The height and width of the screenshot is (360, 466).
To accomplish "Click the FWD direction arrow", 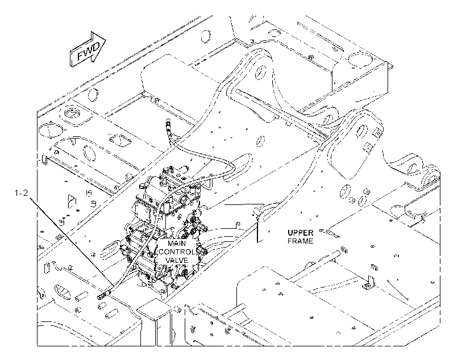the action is coord(88,49).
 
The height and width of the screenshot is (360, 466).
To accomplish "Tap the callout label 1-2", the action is coord(21,193).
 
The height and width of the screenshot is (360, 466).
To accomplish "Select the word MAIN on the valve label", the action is coord(177,243).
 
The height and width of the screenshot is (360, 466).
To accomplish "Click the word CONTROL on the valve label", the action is coord(177,252).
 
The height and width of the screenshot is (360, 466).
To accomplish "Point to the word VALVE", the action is coord(177,260).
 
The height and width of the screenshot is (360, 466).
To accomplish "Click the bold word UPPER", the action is coord(300,233).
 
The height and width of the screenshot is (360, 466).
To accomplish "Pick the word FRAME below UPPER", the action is coord(300,241).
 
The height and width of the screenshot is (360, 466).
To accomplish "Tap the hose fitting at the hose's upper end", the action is coord(168,124).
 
